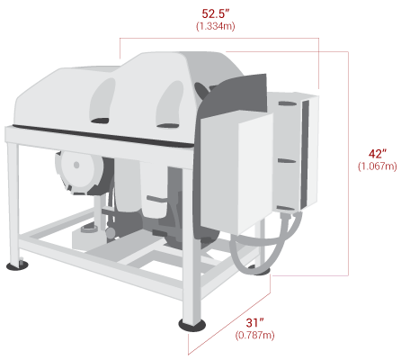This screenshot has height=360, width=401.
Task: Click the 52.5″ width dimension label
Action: pyautogui.click(x=215, y=13)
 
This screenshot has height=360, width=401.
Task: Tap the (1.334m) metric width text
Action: pyautogui.click(x=216, y=26)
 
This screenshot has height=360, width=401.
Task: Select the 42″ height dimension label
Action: pyautogui.click(x=378, y=154)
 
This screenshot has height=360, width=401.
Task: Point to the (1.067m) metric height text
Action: pyautogui.click(x=378, y=166)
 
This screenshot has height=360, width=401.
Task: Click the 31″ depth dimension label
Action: pyautogui.click(x=254, y=323)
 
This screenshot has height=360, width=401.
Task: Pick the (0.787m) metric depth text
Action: pyautogui.click(x=254, y=335)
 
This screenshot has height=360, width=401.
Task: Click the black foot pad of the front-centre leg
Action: pyautogui.click(x=192, y=325)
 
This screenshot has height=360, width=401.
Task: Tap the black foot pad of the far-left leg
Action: pyautogui.click(x=17, y=265)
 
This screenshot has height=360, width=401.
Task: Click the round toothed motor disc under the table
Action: pyautogui.click(x=80, y=173)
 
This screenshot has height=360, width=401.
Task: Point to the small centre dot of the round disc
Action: pyautogui.click(x=76, y=165)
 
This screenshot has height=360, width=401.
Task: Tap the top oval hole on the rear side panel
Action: pyautogui.click(x=288, y=103)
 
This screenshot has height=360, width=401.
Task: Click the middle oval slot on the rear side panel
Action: pyautogui.click(x=287, y=161)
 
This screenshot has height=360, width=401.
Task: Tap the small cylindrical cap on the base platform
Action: pyautogui.click(x=89, y=229)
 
